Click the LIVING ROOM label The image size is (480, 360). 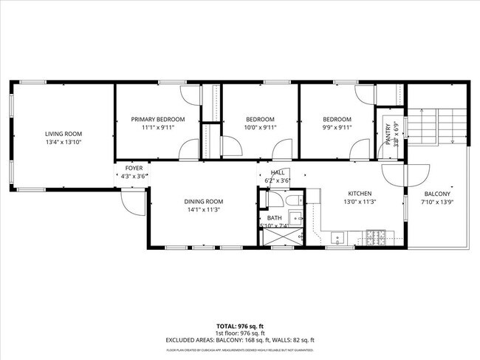62,134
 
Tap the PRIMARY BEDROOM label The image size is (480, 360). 157,119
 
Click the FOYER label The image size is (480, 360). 133,169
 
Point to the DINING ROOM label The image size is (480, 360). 203,201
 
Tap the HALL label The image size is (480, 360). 277,172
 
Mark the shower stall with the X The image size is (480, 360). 279,236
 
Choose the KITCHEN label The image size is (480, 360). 359,193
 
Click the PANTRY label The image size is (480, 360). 388,133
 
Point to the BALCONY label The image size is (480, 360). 435,193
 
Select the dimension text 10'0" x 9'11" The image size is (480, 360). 260,127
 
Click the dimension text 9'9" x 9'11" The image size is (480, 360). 337,127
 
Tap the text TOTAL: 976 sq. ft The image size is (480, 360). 239,326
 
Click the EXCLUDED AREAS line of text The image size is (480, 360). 239,341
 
